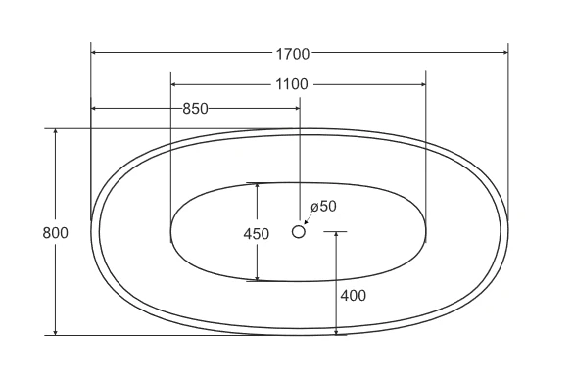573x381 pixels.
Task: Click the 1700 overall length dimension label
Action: point(292,54)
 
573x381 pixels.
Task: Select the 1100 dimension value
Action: point(292,85)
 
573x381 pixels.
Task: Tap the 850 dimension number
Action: point(195,109)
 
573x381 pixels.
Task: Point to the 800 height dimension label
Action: point(55,233)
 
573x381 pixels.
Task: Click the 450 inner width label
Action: point(257,234)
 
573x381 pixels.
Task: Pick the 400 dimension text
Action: point(353,296)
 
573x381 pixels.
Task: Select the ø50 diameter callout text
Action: point(323,207)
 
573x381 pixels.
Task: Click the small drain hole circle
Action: point(299,231)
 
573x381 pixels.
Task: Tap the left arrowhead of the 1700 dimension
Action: point(94,53)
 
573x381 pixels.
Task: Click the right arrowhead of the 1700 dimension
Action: point(505,53)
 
